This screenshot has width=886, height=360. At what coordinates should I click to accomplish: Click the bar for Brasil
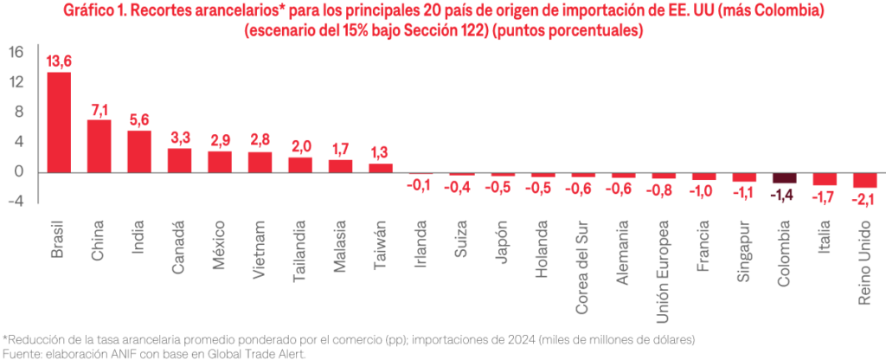(x=59, y=121)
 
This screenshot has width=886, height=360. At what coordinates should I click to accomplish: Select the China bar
(x=100, y=145)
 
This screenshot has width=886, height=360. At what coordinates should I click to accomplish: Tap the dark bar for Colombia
(x=784, y=177)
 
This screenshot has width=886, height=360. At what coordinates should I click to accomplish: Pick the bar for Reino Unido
(x=864, y=180)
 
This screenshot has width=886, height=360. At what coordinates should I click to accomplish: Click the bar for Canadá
(x=179, y=160)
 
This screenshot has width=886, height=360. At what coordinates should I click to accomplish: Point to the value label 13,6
(x=59, y=61)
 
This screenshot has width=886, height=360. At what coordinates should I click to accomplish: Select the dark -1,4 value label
(x=784, y=194)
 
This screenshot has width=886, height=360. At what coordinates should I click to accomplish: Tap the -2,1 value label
(x=864, y=198)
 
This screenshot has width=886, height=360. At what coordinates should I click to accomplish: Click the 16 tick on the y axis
(x=16, y=52)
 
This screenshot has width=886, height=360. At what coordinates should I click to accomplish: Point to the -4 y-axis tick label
(x=15, y=202)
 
